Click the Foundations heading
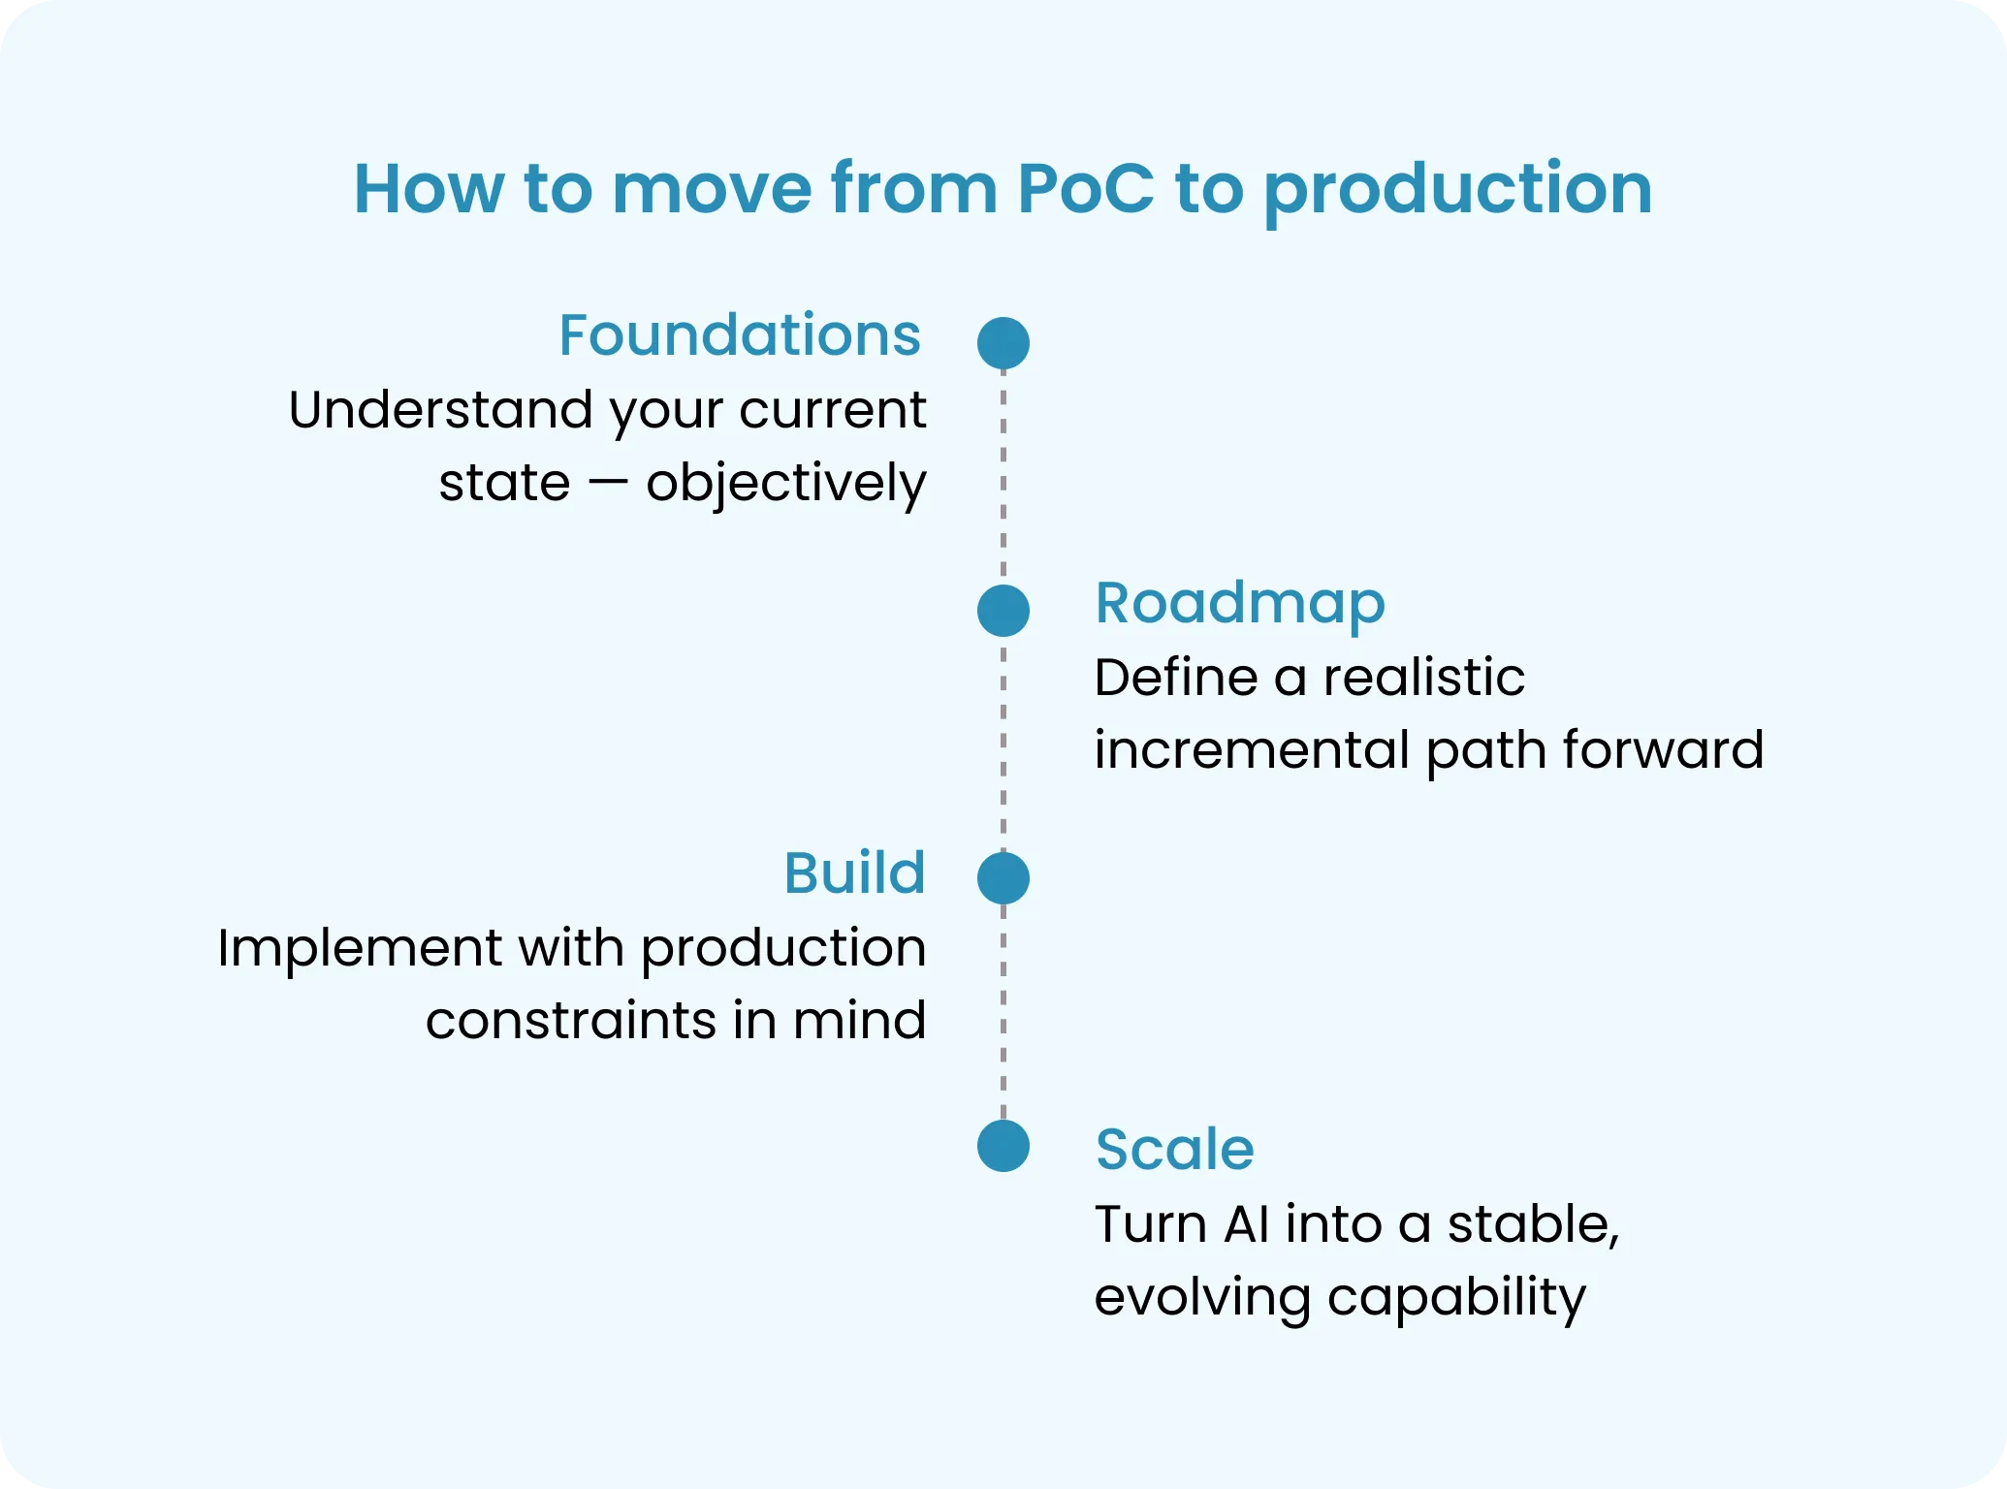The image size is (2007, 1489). coord(739,335)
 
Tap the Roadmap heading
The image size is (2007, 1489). coord(1239,603)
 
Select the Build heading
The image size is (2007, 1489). coord(854,872)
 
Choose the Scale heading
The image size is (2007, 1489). coord(1174,1150)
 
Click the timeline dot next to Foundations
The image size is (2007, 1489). coord(1003,343)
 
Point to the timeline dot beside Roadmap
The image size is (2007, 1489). coord(1003,611)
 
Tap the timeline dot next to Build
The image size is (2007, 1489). coord(1003,878)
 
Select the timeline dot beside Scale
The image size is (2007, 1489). coord(1003,1146)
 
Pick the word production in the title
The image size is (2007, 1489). coord(1458,190)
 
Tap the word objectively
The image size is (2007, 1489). coord(785,483)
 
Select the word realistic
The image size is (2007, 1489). coord(1423,677)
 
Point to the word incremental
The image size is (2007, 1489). coord(1252,750)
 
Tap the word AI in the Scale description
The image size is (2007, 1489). coord(1246,1224)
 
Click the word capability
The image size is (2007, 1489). coord(1455,1298)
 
